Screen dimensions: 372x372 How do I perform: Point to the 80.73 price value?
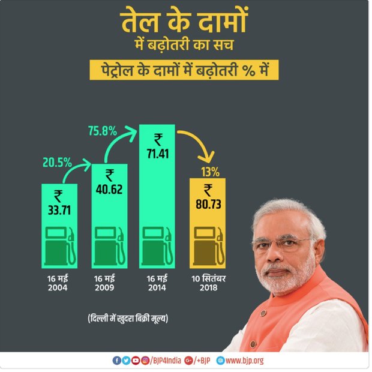click(208, 204)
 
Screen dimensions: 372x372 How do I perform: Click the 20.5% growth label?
click(57, 162)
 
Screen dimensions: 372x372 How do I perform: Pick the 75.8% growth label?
click(103, 131)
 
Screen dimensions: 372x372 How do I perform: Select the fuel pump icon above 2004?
click(60, 247)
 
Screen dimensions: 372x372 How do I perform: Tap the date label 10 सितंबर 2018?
click(208, 283)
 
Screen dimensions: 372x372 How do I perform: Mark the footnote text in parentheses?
click(128, 317)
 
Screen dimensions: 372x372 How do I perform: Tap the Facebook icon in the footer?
click(116, 361)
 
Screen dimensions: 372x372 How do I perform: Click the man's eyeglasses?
click(282, 242)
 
